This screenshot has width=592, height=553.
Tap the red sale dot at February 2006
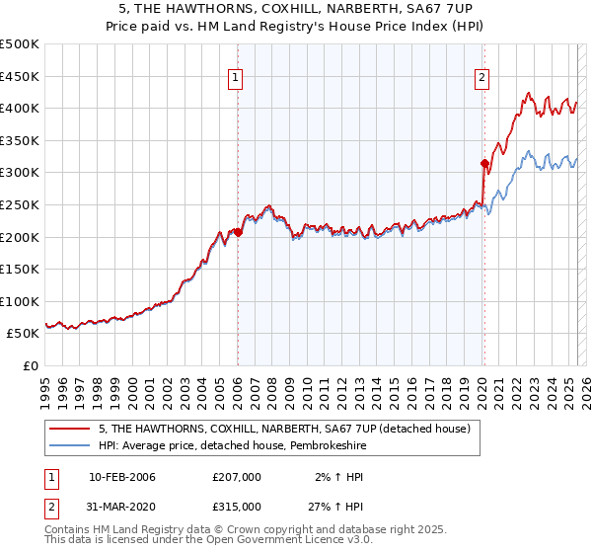coord(238,232)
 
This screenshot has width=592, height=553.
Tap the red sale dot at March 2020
coord(484,163)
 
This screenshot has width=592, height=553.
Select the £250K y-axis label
coord(20,204)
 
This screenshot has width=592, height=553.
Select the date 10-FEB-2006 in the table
coord(122,477)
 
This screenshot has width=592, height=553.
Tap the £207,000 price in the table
coord(237,477)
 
